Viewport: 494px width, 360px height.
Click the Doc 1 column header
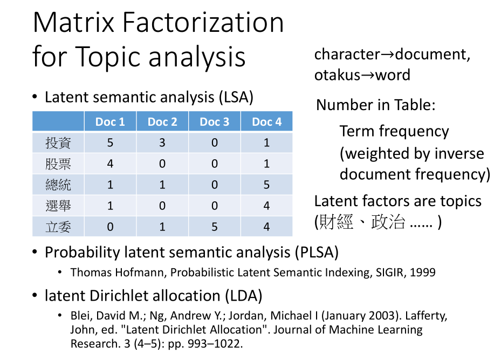pyautogui.click(x=110, y=121)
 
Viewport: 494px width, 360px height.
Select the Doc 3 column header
pyautogui.click(x=215, y=121)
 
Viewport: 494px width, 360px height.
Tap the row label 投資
pyautogui.click(x=58, y=143)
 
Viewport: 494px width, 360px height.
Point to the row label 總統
pyautogui.click(x=58, y=185)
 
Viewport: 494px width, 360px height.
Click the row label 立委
pyautogui.click(x=58, y=227)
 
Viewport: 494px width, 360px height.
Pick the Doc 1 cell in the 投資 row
pyautogui.click(x=110, y=143)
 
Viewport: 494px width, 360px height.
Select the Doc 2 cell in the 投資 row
pyautogui.click(x=162, y=143)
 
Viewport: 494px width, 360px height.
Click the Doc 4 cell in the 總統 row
pyautogui.click(x=266, y=185)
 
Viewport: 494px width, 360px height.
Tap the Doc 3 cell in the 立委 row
pyautogui.click(x=215, y=227)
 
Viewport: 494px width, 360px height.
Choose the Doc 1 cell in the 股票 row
pyautogui.click(x=110, y=164)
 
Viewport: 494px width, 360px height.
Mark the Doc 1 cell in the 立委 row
pyautogui.click(x=110, y=227)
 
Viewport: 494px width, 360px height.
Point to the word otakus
pyautogui.click(x=337, y=75)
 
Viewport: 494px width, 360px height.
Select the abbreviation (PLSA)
pyautogui.click(x=317, y=252)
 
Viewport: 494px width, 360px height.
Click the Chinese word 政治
pyautogui.click(x=388, y=222)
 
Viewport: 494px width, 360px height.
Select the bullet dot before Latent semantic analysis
pyautogui.click(x=35, y=97)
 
